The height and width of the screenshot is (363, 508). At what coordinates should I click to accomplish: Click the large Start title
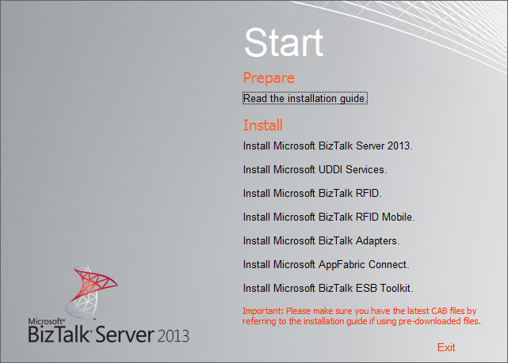(x=284, y=43)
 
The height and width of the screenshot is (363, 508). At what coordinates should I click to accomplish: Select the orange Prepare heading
(x=269, y=78)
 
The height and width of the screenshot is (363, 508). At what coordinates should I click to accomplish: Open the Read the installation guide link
(x=305, y=98)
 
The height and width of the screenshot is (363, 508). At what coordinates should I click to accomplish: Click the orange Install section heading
(x=263, y=125)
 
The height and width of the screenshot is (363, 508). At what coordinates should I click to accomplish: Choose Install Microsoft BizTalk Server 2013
(x=327, y=146)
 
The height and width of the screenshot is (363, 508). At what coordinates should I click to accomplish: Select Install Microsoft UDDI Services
(x=315, y=169)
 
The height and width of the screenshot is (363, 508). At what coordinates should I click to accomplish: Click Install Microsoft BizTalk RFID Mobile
(x=329, y=217)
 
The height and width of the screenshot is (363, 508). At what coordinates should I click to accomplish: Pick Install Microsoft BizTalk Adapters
(x=322, y=241)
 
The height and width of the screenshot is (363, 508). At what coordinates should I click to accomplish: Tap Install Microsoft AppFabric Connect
(x=327, y=264)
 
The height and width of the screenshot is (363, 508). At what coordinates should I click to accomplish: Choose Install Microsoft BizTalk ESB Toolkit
(x=328, y=288)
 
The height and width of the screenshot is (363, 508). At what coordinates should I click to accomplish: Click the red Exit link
(x=446, y=347)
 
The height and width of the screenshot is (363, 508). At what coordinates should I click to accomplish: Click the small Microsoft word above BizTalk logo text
(x=46, y=321)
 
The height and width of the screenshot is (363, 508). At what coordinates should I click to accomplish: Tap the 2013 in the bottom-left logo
(x=173, y=336)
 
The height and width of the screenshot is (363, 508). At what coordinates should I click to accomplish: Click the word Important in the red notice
(x=263, y=311)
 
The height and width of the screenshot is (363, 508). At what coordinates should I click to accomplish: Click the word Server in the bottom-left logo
(x=125, y=335)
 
